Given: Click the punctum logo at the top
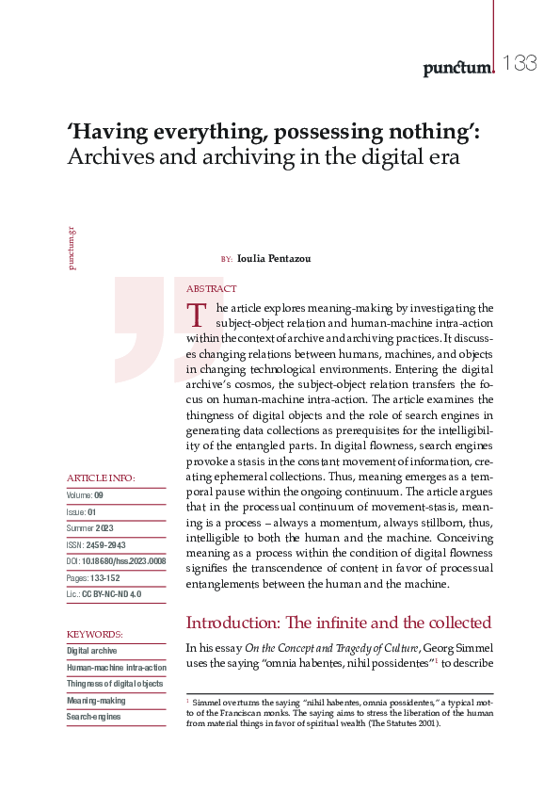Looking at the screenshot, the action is click(458, 66).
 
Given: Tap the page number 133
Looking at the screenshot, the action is click(519, 64).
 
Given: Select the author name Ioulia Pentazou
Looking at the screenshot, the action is click(274, 258).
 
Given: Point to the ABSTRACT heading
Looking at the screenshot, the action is click(212, 289).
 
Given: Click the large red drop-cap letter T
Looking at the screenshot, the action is click(197, 315).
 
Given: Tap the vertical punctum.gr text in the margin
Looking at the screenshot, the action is click(72, 248).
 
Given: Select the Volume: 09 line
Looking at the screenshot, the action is click(86, 495).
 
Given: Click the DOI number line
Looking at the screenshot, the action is click(116, 560).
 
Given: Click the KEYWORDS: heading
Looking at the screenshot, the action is click(95, 634).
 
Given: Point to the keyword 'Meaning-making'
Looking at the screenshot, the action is click(95, 702).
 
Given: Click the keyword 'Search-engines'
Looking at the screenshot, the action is click(94, 718).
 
